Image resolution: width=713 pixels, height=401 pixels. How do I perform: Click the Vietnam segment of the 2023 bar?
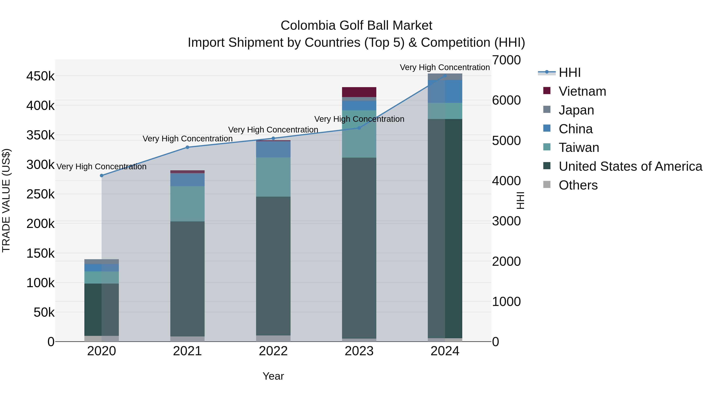point(359,92)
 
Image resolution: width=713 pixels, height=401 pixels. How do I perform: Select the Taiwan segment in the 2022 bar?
point(273,177)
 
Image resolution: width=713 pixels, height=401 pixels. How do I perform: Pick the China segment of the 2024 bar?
point(445,91)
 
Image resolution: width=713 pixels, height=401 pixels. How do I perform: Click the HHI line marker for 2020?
point(102,175)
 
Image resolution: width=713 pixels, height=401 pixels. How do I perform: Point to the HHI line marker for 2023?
point(359,128)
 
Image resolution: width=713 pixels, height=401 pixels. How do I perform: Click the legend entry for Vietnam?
point(582,91)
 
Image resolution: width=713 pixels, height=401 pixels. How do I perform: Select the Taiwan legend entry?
point(579,148)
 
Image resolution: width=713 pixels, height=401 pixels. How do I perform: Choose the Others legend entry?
point(578,185)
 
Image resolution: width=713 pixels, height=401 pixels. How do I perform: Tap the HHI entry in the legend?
point(569,72)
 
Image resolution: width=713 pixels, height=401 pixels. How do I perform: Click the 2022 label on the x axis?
point(273,351)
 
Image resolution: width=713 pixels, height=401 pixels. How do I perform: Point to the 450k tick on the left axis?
point(40,76)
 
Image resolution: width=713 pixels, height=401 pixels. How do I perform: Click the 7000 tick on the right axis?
point(506,60)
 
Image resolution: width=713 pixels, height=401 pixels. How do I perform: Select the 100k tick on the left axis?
point(40,283)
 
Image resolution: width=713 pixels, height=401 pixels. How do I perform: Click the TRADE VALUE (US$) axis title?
point(6,200)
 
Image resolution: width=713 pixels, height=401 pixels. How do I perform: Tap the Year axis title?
point(273,376)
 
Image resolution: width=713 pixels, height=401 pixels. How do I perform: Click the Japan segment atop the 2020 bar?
point(102,262)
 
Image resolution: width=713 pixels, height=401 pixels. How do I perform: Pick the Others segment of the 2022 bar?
point(273,338)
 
